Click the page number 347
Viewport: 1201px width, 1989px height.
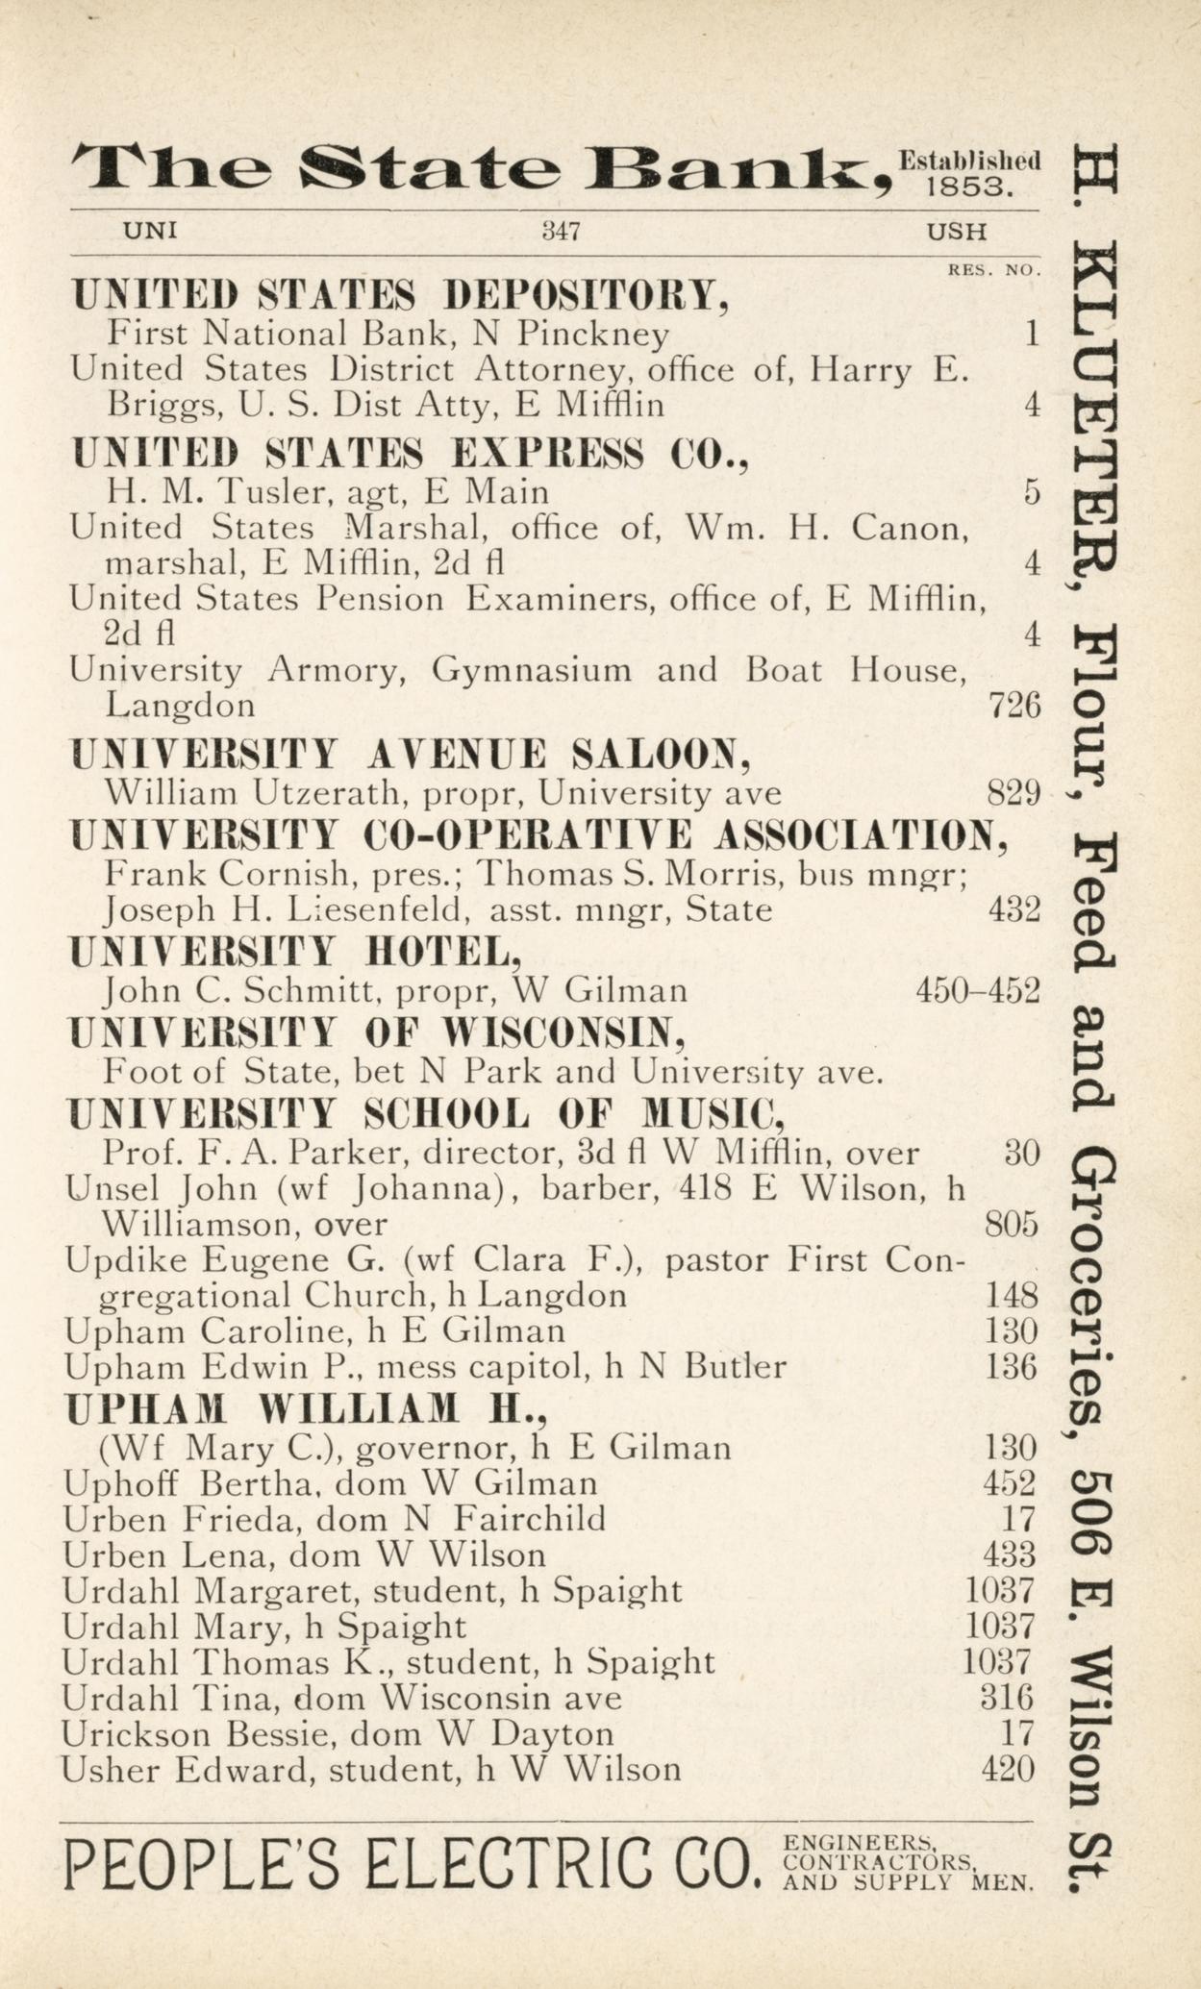coord(561,232)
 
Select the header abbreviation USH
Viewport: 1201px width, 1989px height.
coord(956,232)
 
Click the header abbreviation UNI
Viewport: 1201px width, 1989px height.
coord(150,232)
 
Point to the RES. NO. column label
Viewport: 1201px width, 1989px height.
coord(994,271)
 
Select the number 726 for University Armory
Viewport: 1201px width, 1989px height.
coord(1013,707)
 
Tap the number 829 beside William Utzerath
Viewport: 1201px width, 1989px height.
coord(1013,794)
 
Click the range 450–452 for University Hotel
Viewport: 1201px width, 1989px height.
coord(978,990)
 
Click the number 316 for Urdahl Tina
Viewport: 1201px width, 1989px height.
coord(1006,1698)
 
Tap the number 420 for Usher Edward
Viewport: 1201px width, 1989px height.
coord(1008,1769)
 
